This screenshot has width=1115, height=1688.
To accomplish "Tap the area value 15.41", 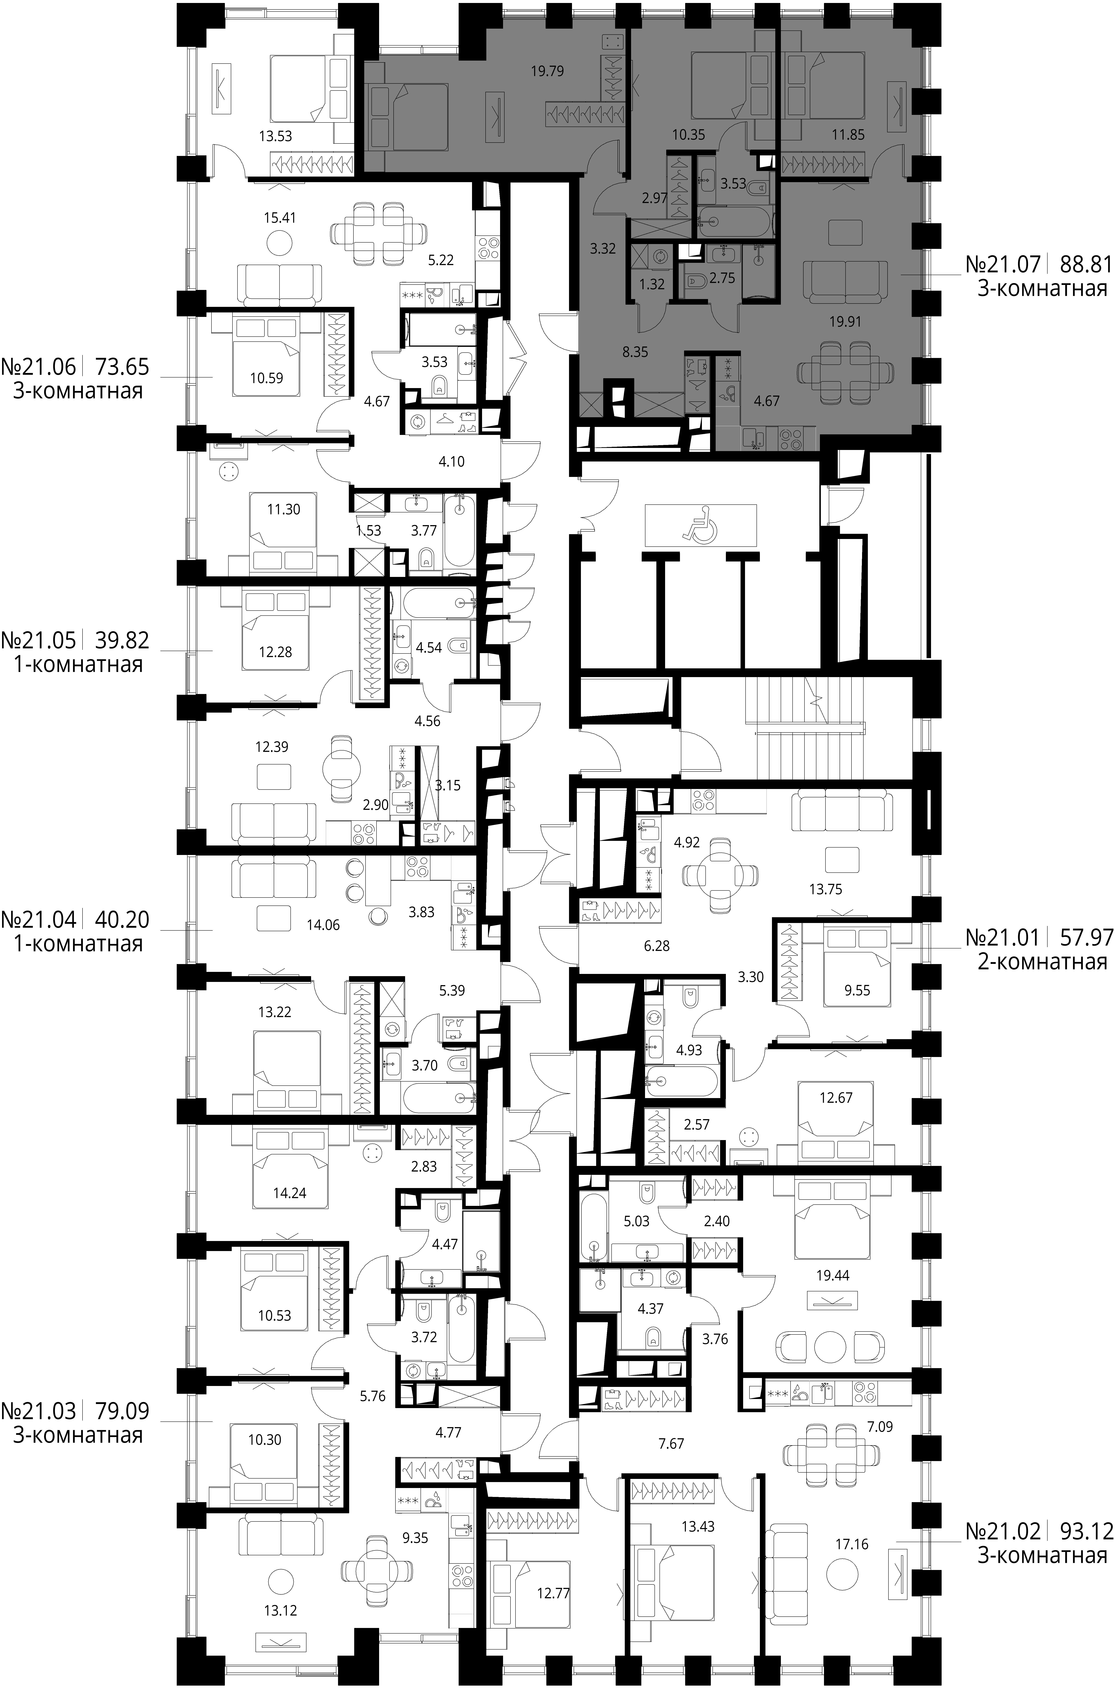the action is coord(279,218).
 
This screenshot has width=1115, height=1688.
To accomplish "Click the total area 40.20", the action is coord(122,920).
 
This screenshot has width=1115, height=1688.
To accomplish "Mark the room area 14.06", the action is coord(323,925).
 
